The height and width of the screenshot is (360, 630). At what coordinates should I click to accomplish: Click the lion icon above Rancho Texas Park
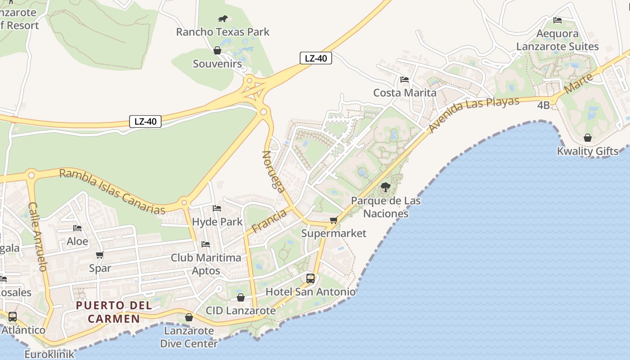[x=223, y=18]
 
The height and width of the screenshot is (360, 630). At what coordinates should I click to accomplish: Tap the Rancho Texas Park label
[x=223, y=32]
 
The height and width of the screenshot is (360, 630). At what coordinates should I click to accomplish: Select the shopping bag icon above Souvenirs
[x=217, y=50]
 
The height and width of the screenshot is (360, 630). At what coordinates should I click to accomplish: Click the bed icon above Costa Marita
[x=405, y=80]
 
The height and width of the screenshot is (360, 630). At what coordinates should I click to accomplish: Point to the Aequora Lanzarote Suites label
[x=558, y=40]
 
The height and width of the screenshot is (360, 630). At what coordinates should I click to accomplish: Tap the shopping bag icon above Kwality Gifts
[x=588, y=138]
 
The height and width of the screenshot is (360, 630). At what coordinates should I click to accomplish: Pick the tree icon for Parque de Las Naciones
[x=385, y=187]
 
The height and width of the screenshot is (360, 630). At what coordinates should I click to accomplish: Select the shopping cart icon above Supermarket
[x=333, y=220]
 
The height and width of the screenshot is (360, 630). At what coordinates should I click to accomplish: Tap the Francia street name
[x=269, y=221]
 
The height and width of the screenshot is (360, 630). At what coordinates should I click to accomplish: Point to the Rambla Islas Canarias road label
[x=112, y=191]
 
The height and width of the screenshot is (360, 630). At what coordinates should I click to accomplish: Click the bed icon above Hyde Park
[x=217, y=208]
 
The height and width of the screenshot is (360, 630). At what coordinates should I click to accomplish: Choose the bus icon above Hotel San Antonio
[x=310, y=279]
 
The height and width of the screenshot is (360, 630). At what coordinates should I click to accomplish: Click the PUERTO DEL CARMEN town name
[x=114, y=312]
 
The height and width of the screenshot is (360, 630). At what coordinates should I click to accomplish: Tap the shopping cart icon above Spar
[x=100, y=255]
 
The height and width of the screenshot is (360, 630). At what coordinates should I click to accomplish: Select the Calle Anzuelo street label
[x=38, y=236]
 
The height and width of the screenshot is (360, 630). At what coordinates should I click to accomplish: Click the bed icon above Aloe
[x=77, y=228]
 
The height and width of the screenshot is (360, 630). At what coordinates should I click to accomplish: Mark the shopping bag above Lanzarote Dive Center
[x=189, y=318]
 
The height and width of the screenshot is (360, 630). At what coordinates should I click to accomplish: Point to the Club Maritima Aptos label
[x=206, y=264]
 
